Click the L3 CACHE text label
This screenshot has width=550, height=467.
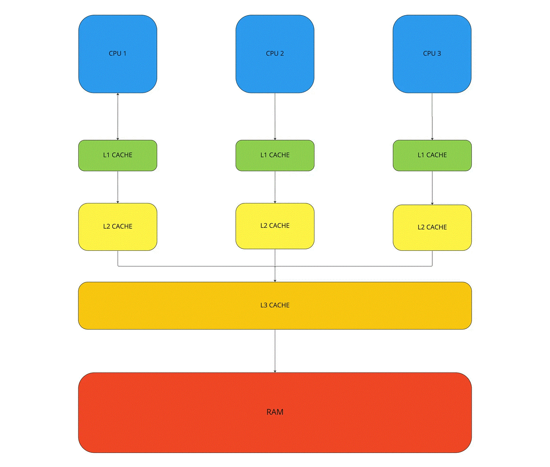(275, 305)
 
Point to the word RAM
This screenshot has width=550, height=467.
(275, 412)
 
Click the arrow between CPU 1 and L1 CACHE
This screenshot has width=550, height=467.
(118, 116)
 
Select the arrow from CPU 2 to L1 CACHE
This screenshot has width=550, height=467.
(275, 116)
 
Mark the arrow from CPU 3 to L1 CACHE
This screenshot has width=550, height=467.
(432, 116)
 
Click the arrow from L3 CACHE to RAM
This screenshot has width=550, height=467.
(275, 351)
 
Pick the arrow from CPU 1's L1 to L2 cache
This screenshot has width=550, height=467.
(118, 187)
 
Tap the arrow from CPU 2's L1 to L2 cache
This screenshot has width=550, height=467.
(275, 187)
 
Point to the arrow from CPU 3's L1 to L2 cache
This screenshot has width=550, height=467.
(432, 188)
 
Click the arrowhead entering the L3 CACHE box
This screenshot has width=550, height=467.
(275, 280)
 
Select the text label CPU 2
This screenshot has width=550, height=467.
(275, 54)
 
